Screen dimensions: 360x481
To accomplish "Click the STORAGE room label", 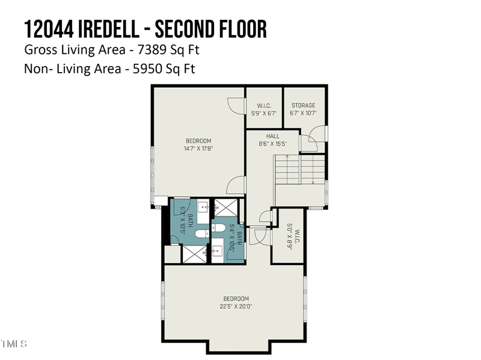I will pyautogui.click(x=303, y=105).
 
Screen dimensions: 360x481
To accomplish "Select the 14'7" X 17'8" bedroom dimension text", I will pyautogui.click(x=198, y=148).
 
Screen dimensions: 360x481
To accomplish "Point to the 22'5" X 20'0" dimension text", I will pyautogui.click(x=236, y=306).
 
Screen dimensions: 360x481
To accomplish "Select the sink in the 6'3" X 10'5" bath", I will pyautogui.click(x=203, y=208).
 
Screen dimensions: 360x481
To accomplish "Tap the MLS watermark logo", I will pyautogui.click(x=13, y=344).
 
